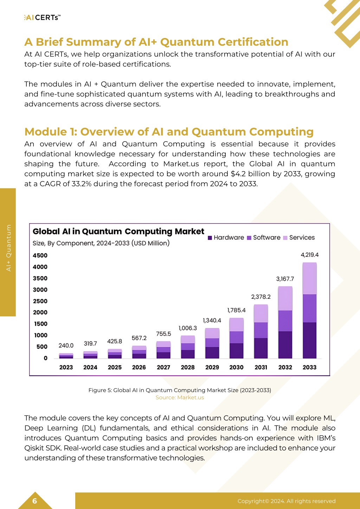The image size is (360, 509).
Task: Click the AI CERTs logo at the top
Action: [x=42, y=18]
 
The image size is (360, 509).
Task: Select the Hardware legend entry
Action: [x=226, y=238]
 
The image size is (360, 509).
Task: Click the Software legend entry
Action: [x=264, y=238]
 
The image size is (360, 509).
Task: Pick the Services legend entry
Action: [x=299, y=238]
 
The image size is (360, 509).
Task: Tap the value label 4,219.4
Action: [x=309, y=255]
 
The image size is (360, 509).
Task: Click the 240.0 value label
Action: [x=66, y=346]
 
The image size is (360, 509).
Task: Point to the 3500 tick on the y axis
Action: [x=40, y=278]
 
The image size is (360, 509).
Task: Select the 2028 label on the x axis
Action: [x=188, y=367]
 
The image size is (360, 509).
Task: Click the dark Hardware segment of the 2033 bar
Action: [x=309, y=340]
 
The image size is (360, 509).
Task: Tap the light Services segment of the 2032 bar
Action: [x=285, y=298]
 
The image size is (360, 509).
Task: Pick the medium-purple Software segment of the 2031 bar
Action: [x=261, y=330]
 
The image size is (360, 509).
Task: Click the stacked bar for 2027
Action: [x=163, y=350]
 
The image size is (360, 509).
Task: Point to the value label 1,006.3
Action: [x=188, y=328]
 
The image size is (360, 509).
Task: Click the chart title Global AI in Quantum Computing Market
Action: [x=118, y=231]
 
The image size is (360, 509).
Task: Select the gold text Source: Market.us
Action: [x=180, y=398]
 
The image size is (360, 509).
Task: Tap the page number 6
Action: [x=34, y=501]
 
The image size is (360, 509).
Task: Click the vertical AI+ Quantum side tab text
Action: [x=8, y=248]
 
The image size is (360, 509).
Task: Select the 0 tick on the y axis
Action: [x=45, y=358]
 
